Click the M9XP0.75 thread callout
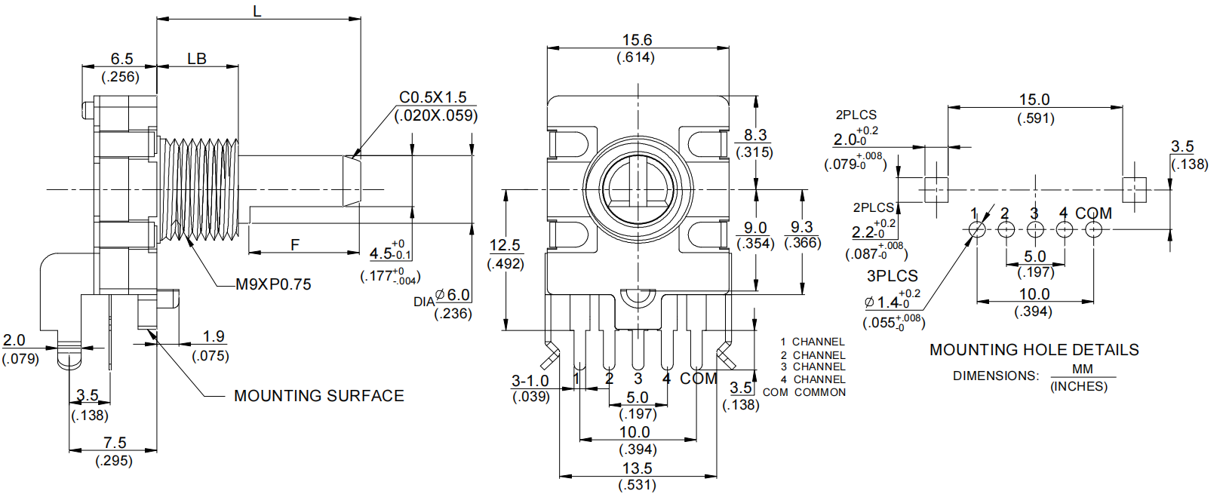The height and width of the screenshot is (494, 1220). [x=273, y=284]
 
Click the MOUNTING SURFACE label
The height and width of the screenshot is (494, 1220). [x=318, y=396]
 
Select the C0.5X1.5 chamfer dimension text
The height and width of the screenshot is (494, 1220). [x=433, y=97]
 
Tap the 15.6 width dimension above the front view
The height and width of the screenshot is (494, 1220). [x=637, y=40]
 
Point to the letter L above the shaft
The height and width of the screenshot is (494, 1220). [x=257, y=11]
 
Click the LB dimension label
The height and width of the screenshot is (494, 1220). [x=197, y=59]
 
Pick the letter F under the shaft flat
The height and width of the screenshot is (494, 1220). [x=295, y=245]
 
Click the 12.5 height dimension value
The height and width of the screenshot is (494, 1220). [x=505, y=245]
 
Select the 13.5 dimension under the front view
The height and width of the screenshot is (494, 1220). [x=637, y=468]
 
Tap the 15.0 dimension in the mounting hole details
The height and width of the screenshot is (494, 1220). [x=1034, y=100]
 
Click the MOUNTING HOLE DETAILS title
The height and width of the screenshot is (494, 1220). [x=1034, y=350]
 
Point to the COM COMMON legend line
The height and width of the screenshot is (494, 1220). [x=804, y=392]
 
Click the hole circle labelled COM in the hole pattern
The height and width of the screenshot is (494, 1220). [x=1093, y=229]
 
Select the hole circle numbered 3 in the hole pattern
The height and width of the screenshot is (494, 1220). [x=1035, y=229]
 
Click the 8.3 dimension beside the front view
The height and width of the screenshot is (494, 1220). [x=754, y=135]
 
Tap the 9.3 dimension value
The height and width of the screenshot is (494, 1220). [x=802, y=227]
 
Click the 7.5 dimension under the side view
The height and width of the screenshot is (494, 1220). [x=115, y=443]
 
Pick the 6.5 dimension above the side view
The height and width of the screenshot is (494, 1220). [x=121, y=59]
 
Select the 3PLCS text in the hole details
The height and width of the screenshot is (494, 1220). [x=892, y=276]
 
